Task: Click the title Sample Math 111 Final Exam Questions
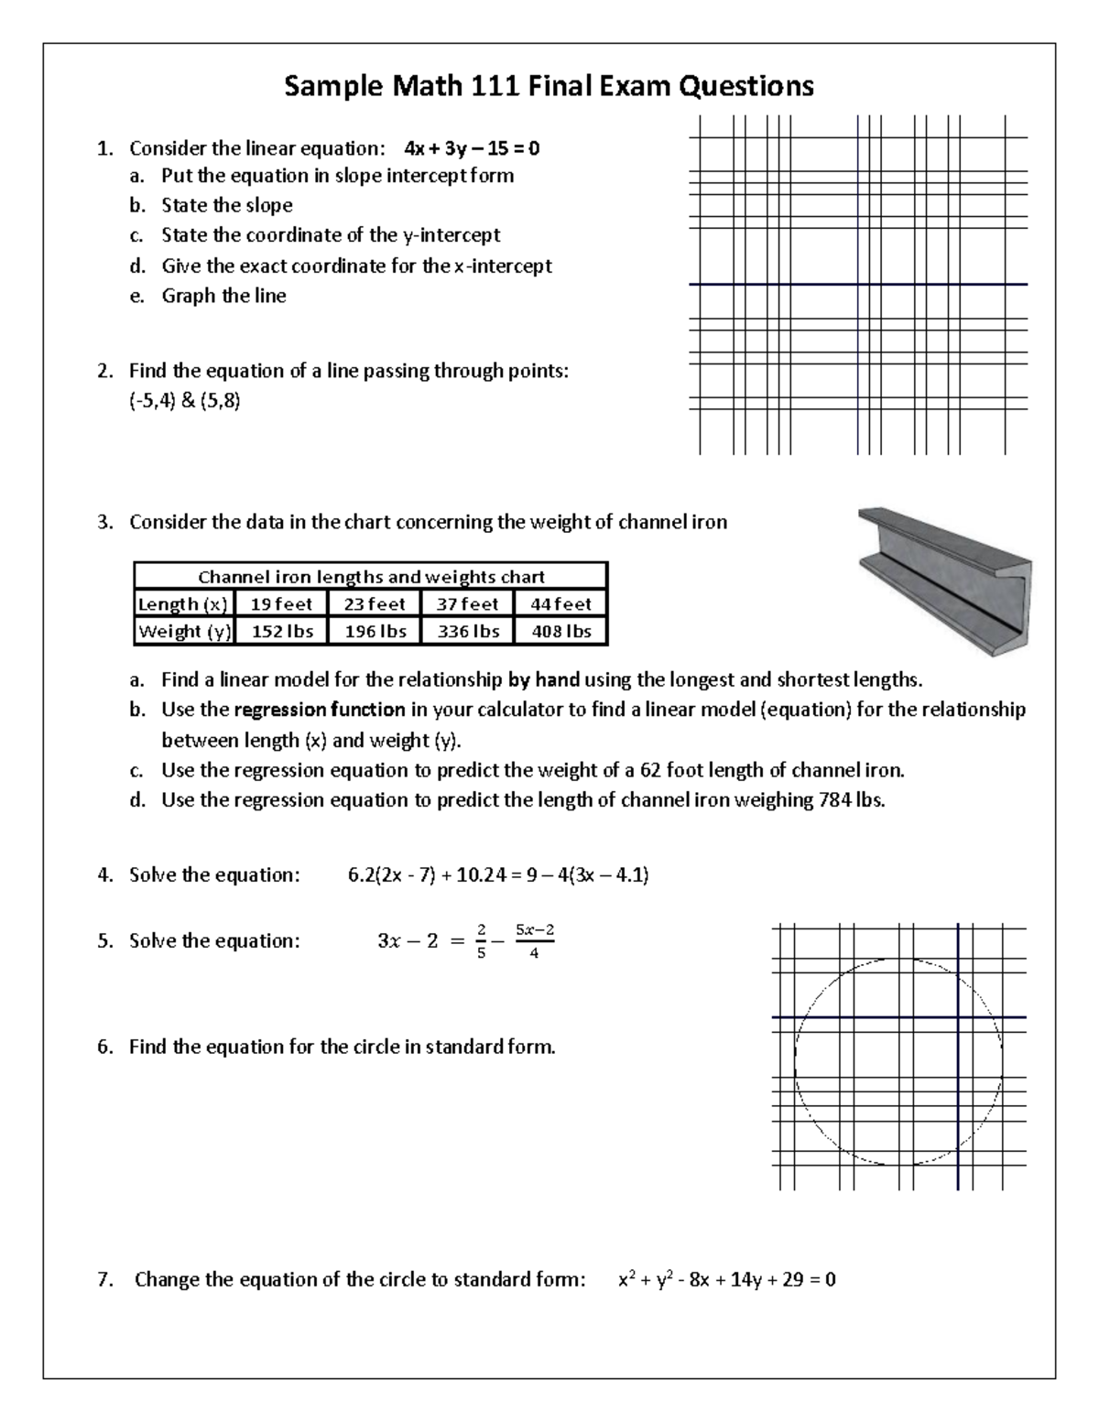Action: pyautogui.click(x=549, y=86)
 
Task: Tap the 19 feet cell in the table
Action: pyautogui.click(x=281, y=604)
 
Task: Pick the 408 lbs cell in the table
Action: pyautogui.click(x=561, y=632)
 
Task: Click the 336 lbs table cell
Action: pyautogui.click(x=467, y=632)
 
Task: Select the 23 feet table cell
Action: pyautogui.click(x=375, y=604)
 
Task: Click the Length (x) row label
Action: pyautogui.click(x=183, y=604)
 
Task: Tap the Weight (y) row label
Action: pyautogui.click(x=184, y=632)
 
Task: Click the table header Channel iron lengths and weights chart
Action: pyautogui.click(x=371, y=577)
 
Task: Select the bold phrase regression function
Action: pyautogui.click(x=320, y=710)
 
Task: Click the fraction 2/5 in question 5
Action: pyautogui.click(x=482, y=941)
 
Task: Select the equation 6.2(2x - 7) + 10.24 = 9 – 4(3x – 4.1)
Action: pyautogui.click(x=498, y=874)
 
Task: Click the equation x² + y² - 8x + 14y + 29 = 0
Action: pyautogui.click(x=727, y=1279)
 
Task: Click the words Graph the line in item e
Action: pyautogui.click(x=223, y=296)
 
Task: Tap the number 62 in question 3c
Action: pyautogui.click(x=651, y=770)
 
